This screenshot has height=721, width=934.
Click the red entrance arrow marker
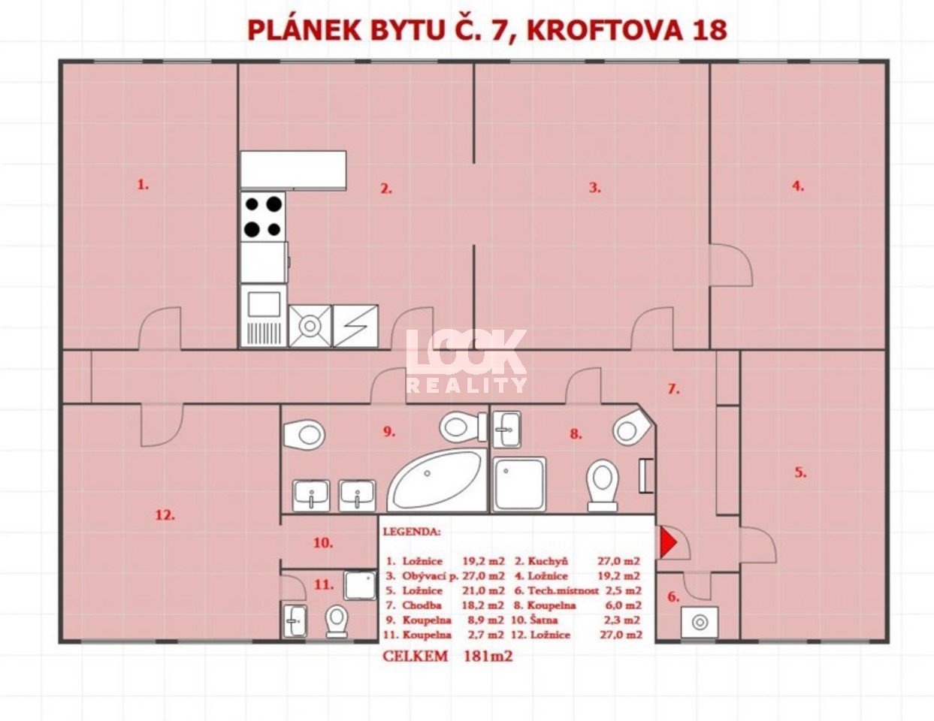668,543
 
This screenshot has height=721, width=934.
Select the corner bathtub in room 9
437,481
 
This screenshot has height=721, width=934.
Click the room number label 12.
165,515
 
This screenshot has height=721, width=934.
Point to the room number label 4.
798,186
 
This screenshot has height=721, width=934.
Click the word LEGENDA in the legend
412,532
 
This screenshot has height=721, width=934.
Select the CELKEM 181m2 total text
447,656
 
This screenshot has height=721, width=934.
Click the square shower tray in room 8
520,484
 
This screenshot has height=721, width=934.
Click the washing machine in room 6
700,622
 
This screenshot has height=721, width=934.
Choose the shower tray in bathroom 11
360,586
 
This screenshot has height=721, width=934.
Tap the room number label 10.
323,543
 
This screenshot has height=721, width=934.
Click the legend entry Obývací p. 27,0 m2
446,576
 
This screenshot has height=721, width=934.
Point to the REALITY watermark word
467,385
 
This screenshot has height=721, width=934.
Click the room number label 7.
673,390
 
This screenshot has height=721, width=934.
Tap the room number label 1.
143,185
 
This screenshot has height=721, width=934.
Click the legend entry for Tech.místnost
578,590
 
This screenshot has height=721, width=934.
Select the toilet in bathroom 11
337,622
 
